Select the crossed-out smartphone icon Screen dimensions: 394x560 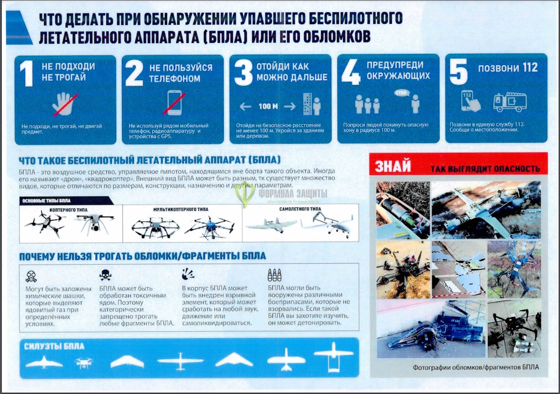tap(174, 103)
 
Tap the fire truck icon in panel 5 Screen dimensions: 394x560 tap(509, 101)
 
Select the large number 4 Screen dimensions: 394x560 tap(351, 73)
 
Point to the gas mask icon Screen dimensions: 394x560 tap(31, 276)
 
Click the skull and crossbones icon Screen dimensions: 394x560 tap(105, 276)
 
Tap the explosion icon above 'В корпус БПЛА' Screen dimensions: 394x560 tap(188, 274)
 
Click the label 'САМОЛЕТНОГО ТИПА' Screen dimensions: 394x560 tap(300, 209)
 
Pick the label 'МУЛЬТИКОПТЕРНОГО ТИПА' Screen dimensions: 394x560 tap(181, 209)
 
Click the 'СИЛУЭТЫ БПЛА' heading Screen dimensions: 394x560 tap(53, 346)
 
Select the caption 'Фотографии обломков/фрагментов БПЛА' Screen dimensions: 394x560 tap(475, 367)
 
